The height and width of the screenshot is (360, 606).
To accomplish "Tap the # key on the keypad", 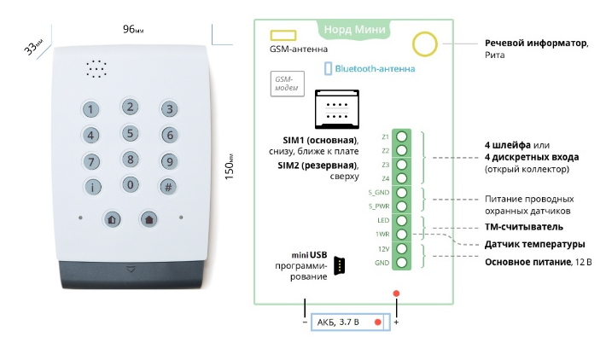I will [169, 187].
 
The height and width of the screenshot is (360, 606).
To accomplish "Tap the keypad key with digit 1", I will [91, 110].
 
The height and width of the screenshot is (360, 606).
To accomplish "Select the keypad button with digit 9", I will [169, 161].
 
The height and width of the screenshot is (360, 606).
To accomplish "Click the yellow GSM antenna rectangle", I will [283, 36].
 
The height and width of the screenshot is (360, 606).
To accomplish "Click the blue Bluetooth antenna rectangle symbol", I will [327, 68].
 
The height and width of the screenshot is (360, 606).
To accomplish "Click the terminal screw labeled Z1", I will [402, 137].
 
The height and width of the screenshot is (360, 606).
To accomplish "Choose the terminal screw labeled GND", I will [402, 263].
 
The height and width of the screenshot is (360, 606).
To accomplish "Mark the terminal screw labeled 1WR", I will [402, 235].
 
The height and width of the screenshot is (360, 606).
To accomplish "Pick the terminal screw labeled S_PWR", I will [402, 206].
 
